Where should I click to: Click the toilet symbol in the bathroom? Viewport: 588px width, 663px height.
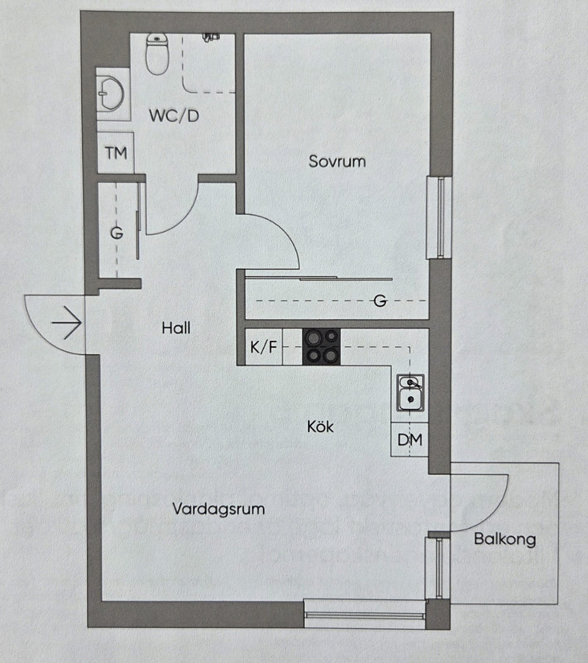click(x=157, y=54)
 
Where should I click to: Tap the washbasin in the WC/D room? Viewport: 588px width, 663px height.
click(x=111, y=94)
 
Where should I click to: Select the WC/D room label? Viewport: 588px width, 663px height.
click(x=174, y=116)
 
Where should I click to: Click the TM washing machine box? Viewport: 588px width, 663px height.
click(x=116, y=153)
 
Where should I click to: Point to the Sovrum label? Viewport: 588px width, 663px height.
click(x=337, y=161)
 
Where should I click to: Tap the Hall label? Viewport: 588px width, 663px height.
click(x=176, y=328)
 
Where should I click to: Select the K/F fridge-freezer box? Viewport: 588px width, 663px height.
click(x=263, y=347)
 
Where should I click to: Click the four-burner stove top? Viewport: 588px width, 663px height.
click(x=321, y=347)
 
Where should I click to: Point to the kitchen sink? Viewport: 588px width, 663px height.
click(x=410, y=392)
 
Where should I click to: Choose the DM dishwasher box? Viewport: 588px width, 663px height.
click(x=410, y=439)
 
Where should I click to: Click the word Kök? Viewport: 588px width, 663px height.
click(x=321, y=426)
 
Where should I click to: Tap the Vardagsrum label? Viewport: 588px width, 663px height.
click(x=219, y=508)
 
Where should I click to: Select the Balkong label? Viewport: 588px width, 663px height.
click(x=505, y=539)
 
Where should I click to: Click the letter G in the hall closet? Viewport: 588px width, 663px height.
click(x=116, y=234)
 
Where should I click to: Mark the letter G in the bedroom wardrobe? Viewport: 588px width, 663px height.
click(x=380, y=300)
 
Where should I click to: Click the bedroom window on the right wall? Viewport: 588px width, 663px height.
click(x=439, y=218)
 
